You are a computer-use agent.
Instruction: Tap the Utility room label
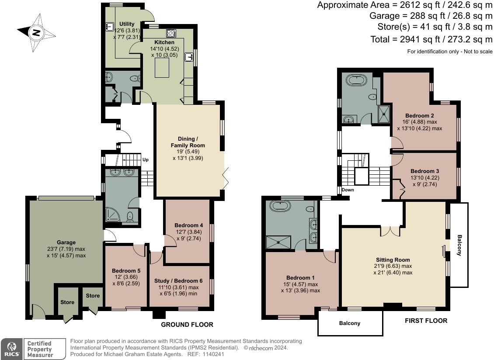coord(127,24)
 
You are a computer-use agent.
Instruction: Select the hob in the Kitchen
coord(171,33)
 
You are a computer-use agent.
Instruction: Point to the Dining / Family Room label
coord(188,142)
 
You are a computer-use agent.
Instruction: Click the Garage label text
coord(66,242)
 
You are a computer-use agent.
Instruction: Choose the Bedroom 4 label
coord(189,225)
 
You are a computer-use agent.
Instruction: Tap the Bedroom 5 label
coord(126,270)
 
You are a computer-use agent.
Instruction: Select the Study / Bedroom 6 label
coord(178,280)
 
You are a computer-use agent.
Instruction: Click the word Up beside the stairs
coord(145,160)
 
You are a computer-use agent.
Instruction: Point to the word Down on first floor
coord(348,190)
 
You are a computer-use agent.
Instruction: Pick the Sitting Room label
coord(393,260)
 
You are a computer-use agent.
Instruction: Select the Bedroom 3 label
coord(424,171)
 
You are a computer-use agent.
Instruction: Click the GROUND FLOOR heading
coord(187,325)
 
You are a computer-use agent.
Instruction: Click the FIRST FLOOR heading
coord(426,321)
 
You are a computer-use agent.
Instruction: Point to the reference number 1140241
coord(214,354)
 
